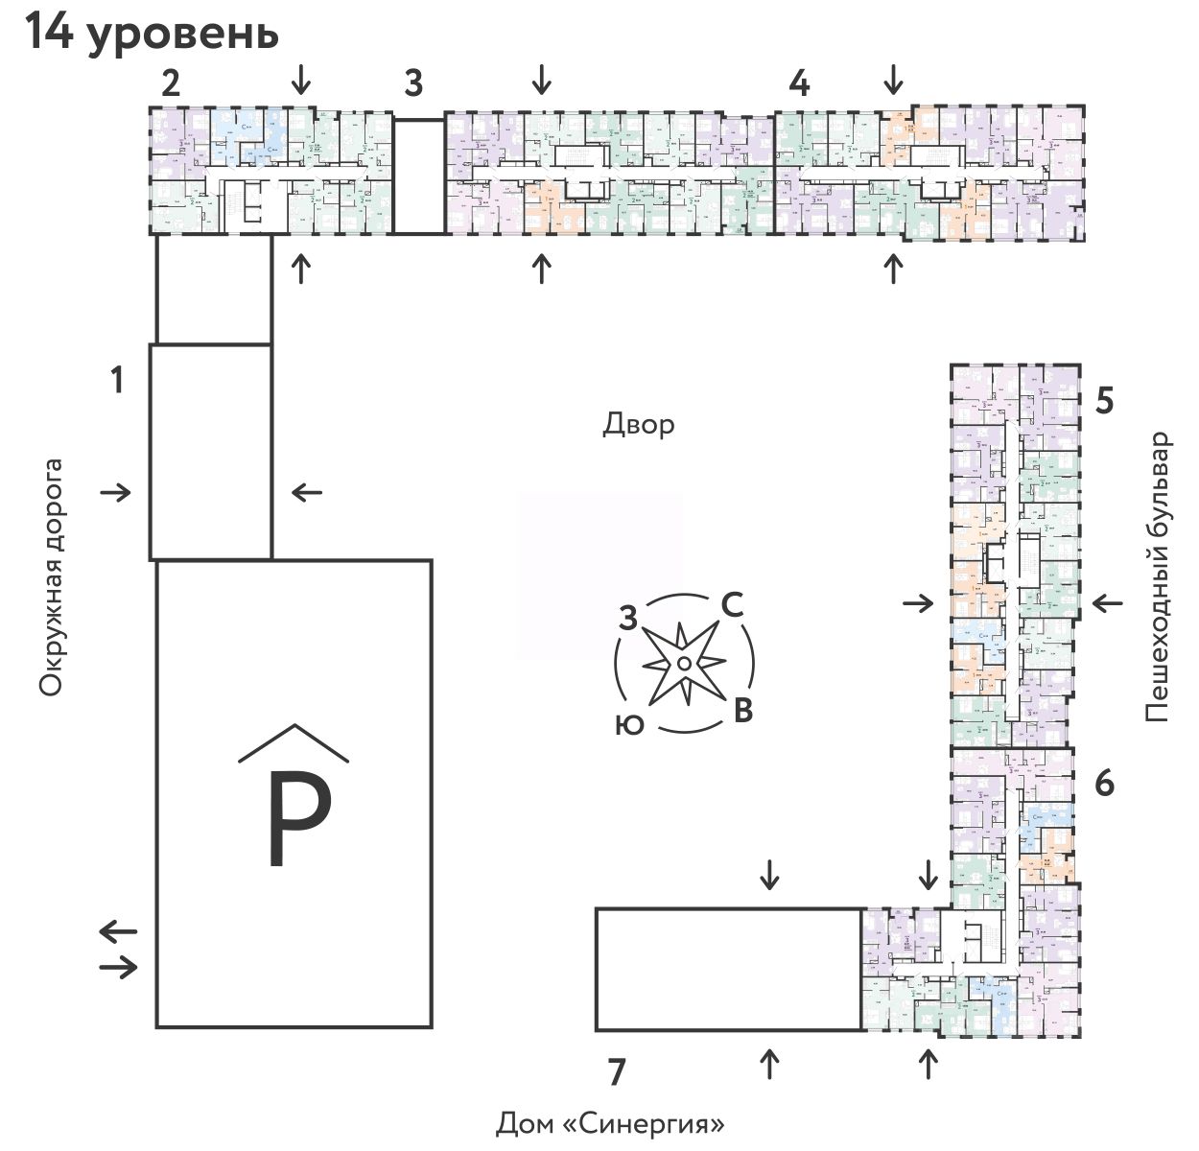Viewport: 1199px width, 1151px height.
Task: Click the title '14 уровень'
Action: coord(152,33)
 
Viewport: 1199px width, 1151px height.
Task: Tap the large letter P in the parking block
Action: coord(298,818)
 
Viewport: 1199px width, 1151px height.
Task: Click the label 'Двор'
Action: coord(638,424)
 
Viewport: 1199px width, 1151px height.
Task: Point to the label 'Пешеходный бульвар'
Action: coord(1158,576)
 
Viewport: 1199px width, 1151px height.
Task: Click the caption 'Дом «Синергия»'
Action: coord(609,1122)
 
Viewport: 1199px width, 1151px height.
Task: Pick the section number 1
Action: coord(117,381)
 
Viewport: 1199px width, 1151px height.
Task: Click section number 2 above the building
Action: coord(171,83)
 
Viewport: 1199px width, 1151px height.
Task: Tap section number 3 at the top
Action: coord(412,83)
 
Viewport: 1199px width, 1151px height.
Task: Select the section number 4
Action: coord(799,83)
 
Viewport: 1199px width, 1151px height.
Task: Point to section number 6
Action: coord(1104,784)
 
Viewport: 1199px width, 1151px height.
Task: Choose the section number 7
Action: coord(617,1071)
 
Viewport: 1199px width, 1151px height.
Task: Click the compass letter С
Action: coord(731,605)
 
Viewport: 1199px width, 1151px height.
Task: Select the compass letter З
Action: coord(628,619)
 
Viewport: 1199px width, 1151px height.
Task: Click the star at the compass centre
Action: coord(683,663)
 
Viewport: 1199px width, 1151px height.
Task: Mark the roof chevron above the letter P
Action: coord(294,741)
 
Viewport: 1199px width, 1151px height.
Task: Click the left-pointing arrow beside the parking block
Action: coord(119,930)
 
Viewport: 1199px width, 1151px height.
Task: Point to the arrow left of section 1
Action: coord(116,493)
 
